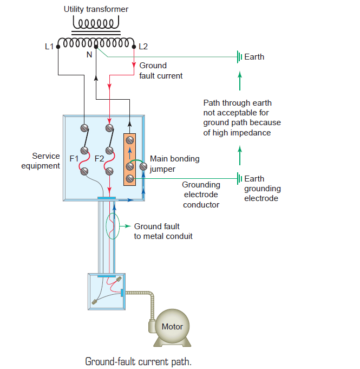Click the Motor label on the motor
click(172, 326)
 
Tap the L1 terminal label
click(49, 47)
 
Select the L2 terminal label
click(143, 47)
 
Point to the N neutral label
click(89, 55)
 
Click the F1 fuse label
click(74, 159)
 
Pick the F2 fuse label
click(99, 159)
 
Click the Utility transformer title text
click(96, 9)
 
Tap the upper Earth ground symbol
click(239, 57)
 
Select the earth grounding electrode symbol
click(239, 178)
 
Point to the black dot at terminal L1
click(58, 47)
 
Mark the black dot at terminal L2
click(134, 47)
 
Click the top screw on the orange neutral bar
click(130, 140)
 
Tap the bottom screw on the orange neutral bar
click(130, 179)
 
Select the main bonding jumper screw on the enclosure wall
click(143, 166)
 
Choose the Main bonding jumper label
click(174, 164)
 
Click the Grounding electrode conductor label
click(201, 195)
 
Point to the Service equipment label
click(41, 161)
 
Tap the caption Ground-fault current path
click(138, 361)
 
